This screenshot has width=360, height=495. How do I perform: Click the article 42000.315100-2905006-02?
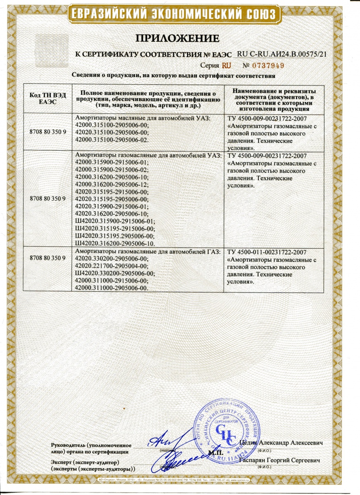tap(112, 140)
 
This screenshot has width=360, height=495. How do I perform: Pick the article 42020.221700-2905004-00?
tap(112, 265)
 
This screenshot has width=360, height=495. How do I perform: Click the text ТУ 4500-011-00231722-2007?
tap(266, 252)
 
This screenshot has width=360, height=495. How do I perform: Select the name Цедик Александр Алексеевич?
tap(281, 443)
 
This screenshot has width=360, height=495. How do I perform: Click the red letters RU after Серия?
tap(226, 66)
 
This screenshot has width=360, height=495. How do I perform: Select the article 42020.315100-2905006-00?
tap(112, 133)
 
